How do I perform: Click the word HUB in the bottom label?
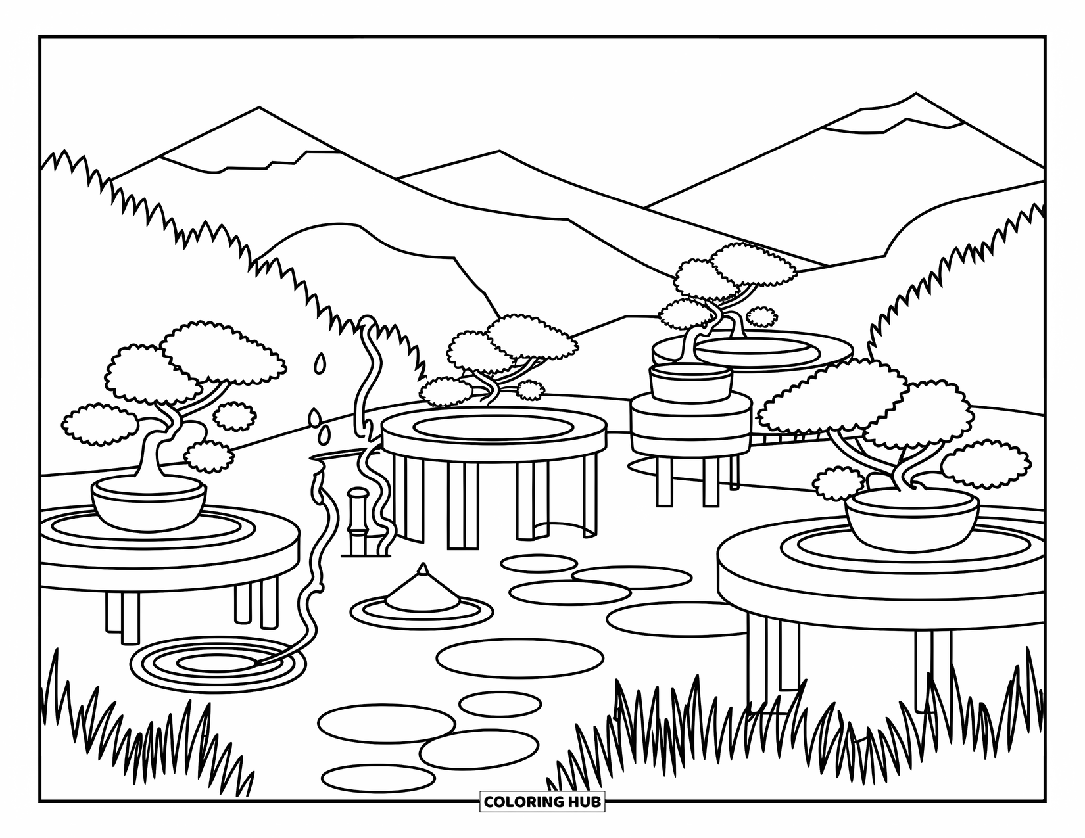pos(584,802)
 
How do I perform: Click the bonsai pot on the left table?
pos(149,502)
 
